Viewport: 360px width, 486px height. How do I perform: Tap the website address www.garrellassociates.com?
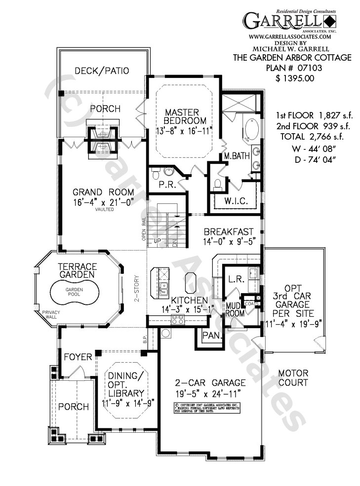point(290,37)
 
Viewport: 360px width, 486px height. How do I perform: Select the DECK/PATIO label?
point(102,71)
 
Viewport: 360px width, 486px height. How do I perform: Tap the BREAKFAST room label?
point(229,231)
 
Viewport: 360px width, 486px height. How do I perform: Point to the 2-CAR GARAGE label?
point(210,382)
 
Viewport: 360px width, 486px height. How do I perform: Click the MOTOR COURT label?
point(292,377)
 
